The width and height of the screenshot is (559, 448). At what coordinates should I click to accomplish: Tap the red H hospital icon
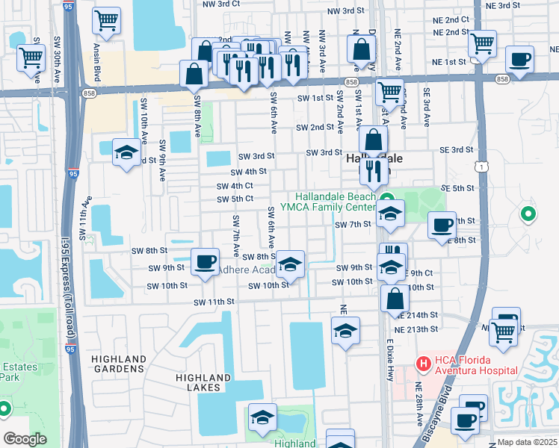tap(423, 364)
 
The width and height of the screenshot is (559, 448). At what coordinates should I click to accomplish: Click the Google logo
tap(25, 439)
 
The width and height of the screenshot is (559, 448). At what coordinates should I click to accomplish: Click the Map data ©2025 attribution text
tap(528, 442)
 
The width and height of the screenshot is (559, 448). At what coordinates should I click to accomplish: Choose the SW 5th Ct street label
tap(235, 199)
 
